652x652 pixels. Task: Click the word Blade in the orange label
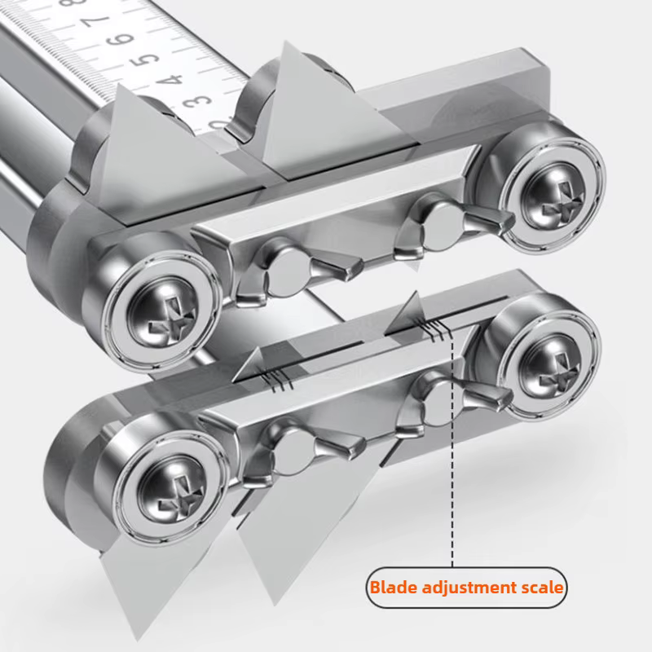click(x=394, y=588)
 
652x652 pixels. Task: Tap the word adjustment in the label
click(x=467, y=588)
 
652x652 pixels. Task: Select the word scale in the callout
click(x=540, y=588)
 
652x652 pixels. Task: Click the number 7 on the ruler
click(x=96, y=21)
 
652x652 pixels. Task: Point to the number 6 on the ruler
click(x=120, y=40)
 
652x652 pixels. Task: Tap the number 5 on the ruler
click(x=144, y=59)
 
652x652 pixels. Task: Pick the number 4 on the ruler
click(x=169, y=78)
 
